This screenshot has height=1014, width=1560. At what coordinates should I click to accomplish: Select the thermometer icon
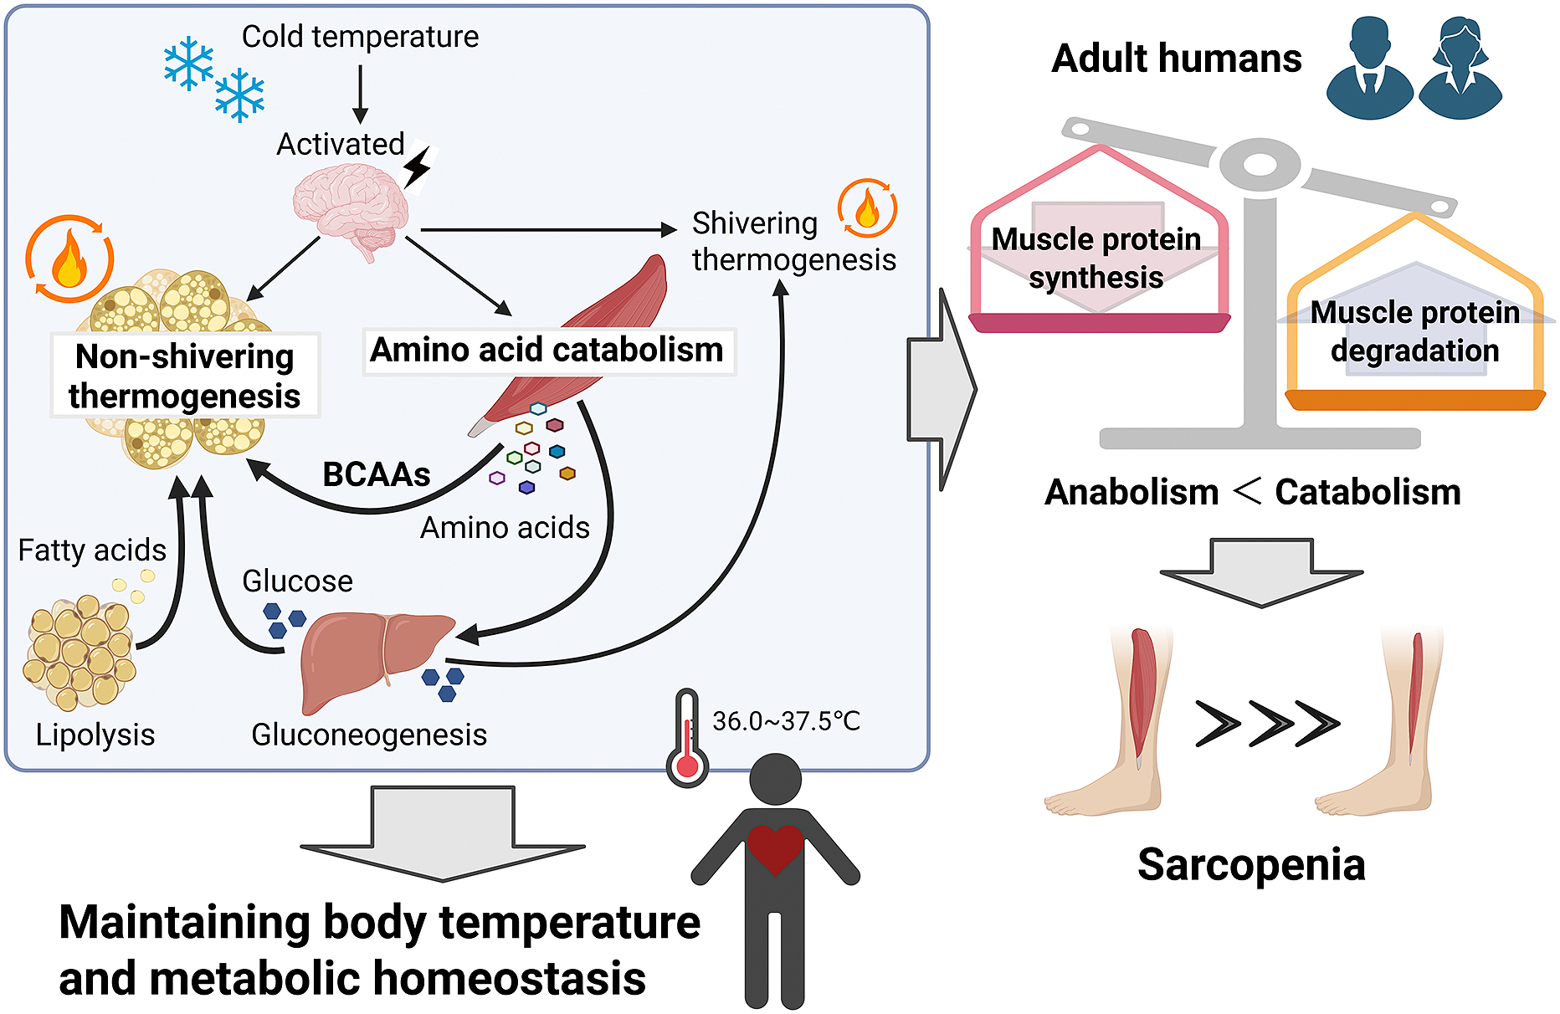[x=687, y=738]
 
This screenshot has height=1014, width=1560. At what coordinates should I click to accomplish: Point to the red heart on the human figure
[x=775, y=847]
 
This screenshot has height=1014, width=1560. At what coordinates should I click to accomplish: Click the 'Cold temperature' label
[x=360, y=37]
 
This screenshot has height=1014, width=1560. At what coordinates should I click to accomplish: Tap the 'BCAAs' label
[x=377, y=474]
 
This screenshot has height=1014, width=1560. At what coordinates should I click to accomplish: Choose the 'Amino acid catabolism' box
[x=547, y=351]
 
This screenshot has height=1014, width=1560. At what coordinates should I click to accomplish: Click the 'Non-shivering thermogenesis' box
[x=185, y=376]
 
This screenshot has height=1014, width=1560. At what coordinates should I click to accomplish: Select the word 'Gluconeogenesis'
[x=369, y=735]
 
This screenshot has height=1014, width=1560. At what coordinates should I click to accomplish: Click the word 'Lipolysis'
[x=95, y=735]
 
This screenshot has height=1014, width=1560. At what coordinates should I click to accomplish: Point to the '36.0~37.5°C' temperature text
[x=786, y=721]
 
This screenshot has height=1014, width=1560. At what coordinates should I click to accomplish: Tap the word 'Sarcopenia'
[x=1251, y=865]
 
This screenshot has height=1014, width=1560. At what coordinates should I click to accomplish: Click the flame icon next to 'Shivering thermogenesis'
[x=867, y=208]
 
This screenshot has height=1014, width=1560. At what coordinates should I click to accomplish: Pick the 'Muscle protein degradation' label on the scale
[x=1414, y=331]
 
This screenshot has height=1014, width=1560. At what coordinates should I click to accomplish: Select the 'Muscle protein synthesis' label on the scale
[x=1096, y=258]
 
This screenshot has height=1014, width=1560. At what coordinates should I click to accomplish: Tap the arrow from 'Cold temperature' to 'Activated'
[x=360, y=94]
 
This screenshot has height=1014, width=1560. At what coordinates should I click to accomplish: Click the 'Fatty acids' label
[x=92, y=551]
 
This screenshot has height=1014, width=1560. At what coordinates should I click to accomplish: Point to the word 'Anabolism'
[x=1132, y=492]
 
